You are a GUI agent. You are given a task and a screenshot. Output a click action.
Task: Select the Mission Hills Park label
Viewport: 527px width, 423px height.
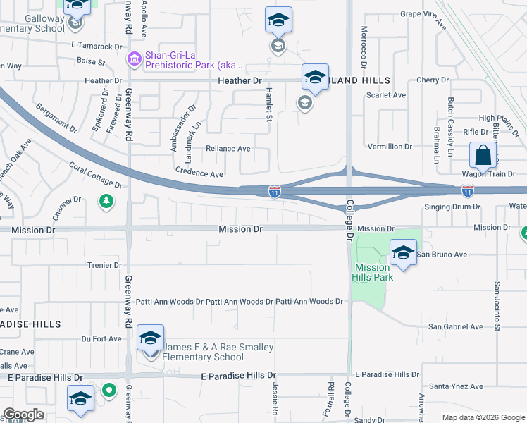click(x=372, y=272)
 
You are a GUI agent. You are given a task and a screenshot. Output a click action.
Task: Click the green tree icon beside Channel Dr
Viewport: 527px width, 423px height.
click(x=106, y=202)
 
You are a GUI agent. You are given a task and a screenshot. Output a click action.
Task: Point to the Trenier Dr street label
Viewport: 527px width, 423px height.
click(x=105, y=265)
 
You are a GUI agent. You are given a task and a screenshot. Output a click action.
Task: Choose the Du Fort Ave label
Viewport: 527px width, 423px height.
click(x=102, y=338)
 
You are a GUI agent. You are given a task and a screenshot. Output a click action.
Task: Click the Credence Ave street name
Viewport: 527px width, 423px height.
click(x=199, y=173)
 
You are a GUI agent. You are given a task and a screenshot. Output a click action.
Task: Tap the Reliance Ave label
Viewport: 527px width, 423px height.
click(x=228, y=149)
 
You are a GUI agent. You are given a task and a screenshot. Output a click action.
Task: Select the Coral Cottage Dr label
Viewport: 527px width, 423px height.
click(x=96, y=176)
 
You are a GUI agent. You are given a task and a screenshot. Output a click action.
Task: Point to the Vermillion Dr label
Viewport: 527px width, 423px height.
click(x=390, y=147)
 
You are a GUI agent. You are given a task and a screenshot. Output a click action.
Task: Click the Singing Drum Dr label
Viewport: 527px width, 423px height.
click(x=452, y=207)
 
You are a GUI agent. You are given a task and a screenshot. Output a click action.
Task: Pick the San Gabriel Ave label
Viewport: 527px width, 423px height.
click(x=456, y=326)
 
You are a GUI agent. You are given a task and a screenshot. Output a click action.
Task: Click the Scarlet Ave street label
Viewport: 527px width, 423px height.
click(x=388, y=95)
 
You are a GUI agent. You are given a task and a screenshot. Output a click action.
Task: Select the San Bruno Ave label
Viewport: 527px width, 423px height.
click(x=442, y=254)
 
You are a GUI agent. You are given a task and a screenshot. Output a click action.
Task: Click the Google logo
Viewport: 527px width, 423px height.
click(x=23, y=415)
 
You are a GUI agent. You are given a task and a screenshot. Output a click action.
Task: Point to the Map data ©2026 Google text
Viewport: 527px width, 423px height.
click(x=483, y=417)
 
